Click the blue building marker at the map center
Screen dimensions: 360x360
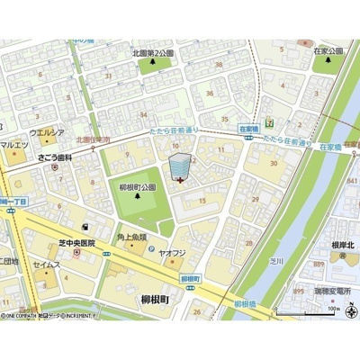pyautogui.click(x=180, y=166)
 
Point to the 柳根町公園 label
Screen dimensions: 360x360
pyautogui.click(x=137, y=187)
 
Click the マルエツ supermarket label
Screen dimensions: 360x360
pyautogui.click(x=14, y=146)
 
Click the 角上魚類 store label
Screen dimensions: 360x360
pyautogui.click(x=132, y=238)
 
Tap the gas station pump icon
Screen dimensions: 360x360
pyautogui.click(x=85, y=227)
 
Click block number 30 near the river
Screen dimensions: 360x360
pyautogui.click(x=274, y=164)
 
